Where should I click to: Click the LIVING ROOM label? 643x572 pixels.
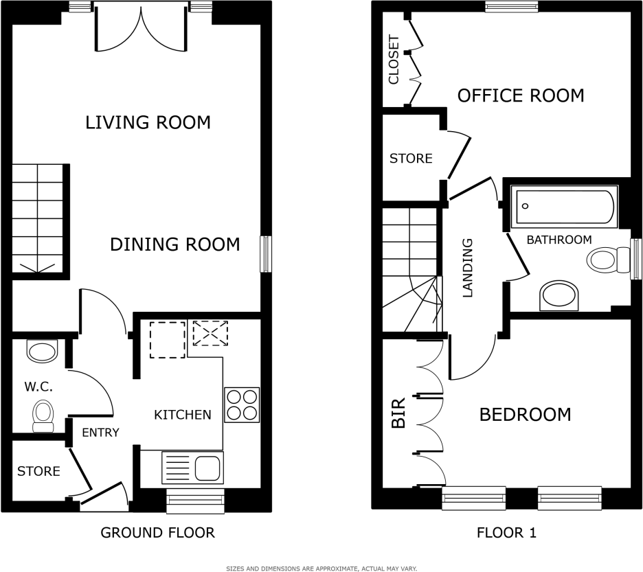click(148, 123)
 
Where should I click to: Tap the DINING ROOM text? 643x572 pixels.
click(175, 244)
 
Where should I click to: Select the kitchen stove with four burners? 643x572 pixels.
click(242, 404)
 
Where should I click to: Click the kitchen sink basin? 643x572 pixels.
click(207, 468)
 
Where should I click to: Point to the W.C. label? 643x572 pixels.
click(38, 387)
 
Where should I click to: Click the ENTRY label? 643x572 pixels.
click(100, 433)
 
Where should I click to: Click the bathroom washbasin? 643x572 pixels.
click(560, 296)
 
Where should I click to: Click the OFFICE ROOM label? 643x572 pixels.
click(521, 95)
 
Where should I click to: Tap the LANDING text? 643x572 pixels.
click(469, 268)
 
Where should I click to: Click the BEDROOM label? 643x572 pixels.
click(525, 415)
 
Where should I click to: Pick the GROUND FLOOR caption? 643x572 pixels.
click(157, 532)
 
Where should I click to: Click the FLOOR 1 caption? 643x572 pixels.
click(506, 532)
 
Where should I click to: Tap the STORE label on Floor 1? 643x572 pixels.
click(411, 159)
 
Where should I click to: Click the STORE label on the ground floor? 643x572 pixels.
click(38, 472)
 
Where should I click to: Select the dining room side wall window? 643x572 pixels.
click(266, 253)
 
